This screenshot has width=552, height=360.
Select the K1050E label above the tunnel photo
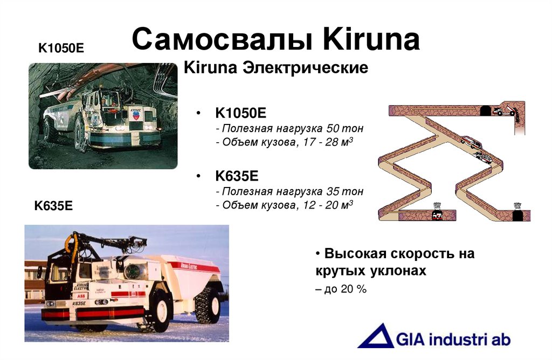point(61,48)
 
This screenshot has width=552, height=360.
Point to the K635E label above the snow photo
point(53,205)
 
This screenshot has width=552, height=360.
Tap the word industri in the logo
point(455,340)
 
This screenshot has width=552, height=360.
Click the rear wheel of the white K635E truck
point(208,304)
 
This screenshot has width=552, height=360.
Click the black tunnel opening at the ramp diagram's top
point(485,110)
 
